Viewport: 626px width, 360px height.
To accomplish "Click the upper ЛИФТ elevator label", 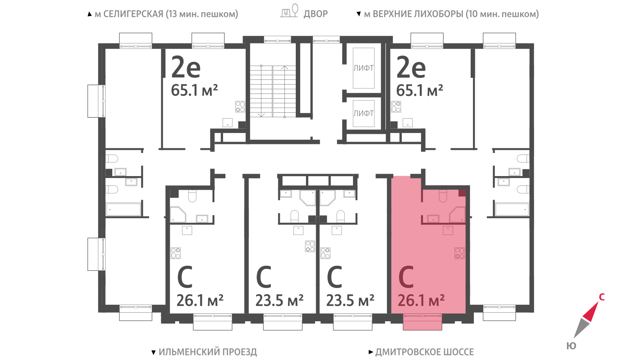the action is coord(363,68).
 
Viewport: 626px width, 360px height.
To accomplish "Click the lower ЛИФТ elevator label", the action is coord(363,113).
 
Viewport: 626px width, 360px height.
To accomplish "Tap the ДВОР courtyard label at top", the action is coord(315,14).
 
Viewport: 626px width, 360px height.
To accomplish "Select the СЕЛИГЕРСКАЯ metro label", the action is coord(133,14).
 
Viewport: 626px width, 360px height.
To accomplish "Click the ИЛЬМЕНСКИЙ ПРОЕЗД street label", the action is coord(208,352).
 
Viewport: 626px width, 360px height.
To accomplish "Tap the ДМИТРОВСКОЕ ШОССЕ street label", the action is coord(425,352).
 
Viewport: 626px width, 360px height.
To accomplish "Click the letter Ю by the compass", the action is coord(571,346).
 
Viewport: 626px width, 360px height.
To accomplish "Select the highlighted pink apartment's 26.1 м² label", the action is coord(421,301).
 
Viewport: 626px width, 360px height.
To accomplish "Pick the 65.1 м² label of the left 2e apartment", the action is coord(194,90).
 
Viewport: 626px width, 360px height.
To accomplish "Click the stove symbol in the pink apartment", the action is coord(459,253).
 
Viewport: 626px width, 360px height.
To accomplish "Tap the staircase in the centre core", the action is coord(273,92).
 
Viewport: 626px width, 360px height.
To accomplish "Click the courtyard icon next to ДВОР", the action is coord(290,11).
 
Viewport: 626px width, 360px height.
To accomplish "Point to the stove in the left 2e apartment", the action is coord(240,106).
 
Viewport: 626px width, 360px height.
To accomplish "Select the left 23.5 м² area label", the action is coord(279,301).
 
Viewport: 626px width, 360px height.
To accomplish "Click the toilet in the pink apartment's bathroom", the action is coord(443,196).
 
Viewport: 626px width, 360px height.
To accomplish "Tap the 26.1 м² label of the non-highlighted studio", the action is coord(200,301).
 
